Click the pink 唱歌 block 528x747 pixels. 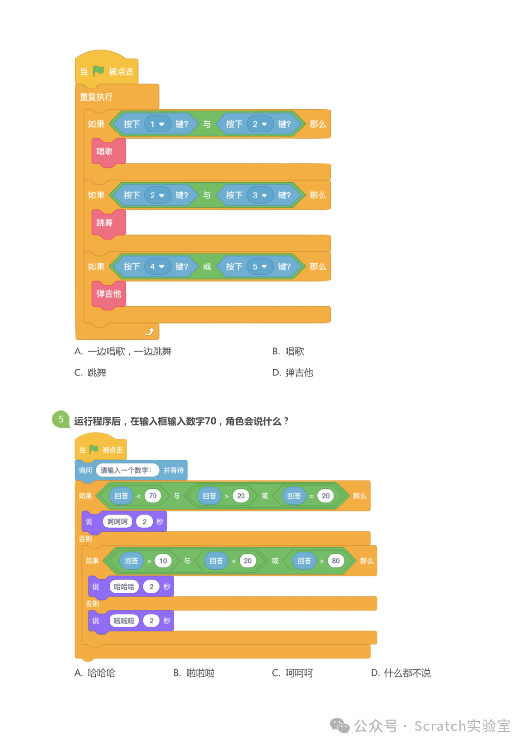pos(105,152)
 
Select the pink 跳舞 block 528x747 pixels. pos(105,223)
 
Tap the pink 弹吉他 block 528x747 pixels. pos(109,294)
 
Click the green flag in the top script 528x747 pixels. pos(98,71)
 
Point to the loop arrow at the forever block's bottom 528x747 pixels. pos(150,331)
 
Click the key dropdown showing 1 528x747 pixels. pos(157,124)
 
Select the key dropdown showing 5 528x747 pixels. pos(260,267)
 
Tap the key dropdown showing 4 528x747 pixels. pos(157,267)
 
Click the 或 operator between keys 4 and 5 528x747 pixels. pos(207,267)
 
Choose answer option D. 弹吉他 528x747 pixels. pos(293,373)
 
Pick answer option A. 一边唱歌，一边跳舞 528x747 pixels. pos(123,352)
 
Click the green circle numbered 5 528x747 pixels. pos(61,419)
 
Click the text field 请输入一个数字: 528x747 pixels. pos(126,470)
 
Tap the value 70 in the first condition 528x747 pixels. pos(153,496)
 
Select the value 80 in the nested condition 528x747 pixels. pos(336,561)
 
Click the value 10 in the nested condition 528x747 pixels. pos(163,561)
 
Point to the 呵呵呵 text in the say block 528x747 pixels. pos(117,522)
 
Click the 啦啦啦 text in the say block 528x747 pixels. pos(124,621)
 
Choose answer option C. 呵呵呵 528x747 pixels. pos(293,673)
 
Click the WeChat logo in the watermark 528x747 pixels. pos(340,726)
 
